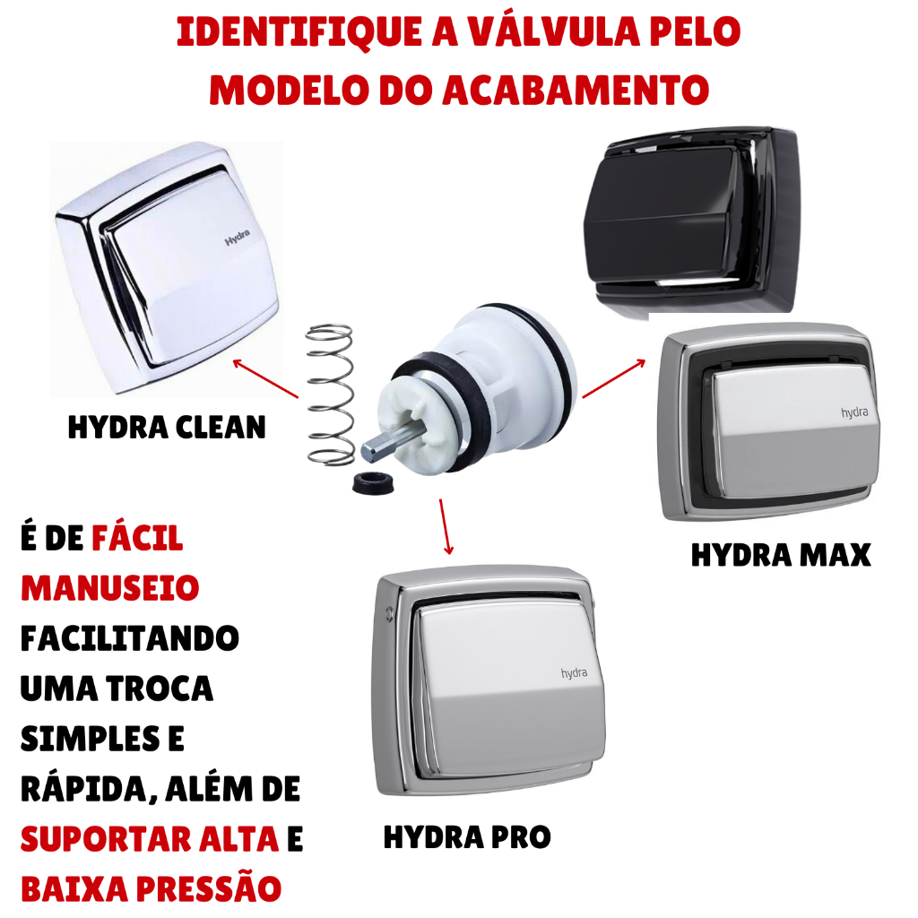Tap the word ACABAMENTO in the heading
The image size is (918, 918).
click(576, 91)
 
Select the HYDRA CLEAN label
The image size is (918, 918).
click(167, 427)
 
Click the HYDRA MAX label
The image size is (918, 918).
click(781, 555)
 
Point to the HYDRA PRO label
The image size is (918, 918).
click(467, 837)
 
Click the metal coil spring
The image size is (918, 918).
click(330, 395)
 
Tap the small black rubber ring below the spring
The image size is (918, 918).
click(373, 481)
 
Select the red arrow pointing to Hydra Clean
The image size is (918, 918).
click(265, 379)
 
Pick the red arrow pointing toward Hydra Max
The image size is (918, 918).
click(613, 379)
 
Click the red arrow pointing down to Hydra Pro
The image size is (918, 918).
click(446, 526)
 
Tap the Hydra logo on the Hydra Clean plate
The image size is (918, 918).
click(237, 237)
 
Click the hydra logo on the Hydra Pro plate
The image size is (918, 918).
click(574, 673)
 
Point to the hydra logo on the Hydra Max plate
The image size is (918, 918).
click(854, 412)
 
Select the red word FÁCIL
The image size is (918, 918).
click(137, 538)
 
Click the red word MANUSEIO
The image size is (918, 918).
click(110, 588)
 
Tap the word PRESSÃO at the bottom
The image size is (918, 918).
click(209, 888)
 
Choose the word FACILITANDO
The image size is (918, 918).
click(130, 638)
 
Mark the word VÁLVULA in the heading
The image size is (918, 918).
click(554, 32)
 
